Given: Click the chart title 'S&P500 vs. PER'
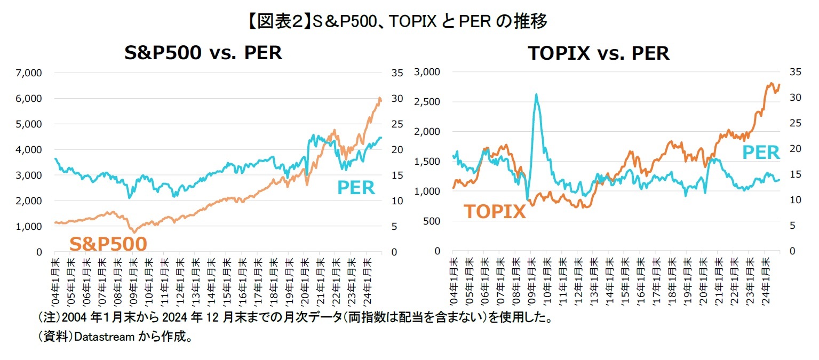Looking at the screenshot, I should pos(203,53).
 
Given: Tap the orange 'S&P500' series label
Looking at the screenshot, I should pos(108,244).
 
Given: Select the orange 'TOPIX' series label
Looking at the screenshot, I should pos(494,211).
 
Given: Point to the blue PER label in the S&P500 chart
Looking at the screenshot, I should pos(356,188).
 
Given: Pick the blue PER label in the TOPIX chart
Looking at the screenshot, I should pos(761,153).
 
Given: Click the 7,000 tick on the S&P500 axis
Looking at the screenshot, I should pos(32,73).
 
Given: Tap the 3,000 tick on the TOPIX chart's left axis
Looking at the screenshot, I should pos(427,72).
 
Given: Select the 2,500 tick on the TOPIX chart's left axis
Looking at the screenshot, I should pos(427,102).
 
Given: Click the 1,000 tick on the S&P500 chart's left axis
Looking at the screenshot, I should pos(32,226).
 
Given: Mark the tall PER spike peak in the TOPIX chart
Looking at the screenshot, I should pos(536,95).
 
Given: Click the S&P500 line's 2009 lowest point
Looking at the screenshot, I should pos(134,231).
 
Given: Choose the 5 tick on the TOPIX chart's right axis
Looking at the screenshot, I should pos(789,226).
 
